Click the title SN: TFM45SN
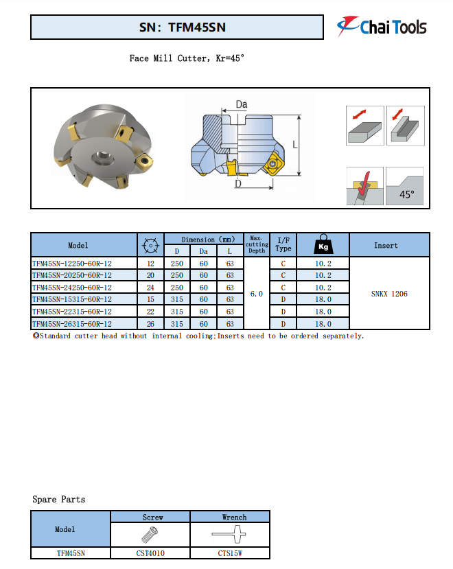177,27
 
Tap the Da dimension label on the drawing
241,104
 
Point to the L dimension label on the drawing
294,145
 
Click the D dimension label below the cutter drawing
238,184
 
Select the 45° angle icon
405,186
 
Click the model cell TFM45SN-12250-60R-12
72,263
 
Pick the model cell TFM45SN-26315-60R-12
72,323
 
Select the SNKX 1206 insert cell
389,294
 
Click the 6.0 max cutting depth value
257,294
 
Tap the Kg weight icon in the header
323,245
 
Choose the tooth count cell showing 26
150,323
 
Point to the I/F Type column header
283,245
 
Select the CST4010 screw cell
150,553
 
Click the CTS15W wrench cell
229,553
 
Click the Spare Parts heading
59,499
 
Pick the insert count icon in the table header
150,245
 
